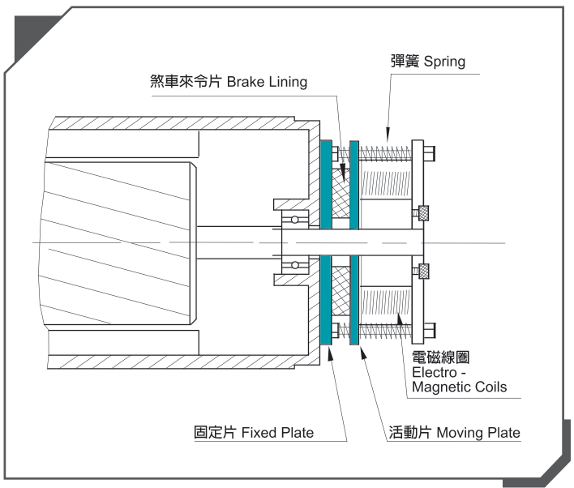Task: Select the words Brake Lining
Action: (267, 82)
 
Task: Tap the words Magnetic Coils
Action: (459, 387)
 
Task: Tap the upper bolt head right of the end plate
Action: (429, 151)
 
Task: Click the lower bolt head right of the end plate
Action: (429, 330)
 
